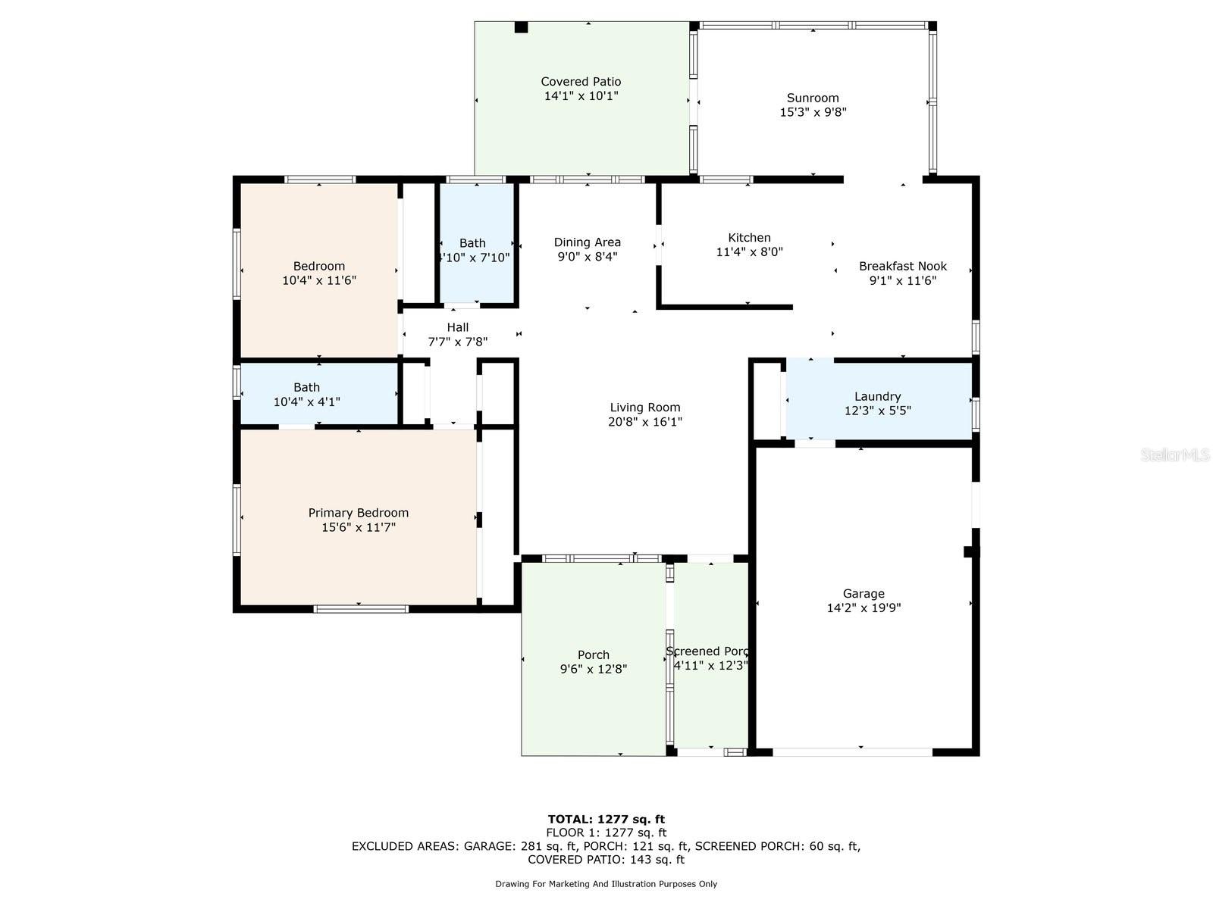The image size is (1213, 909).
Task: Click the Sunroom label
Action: (813, 98)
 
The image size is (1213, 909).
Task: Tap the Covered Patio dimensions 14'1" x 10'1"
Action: (581, 96)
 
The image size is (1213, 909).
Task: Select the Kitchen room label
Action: (749, 238)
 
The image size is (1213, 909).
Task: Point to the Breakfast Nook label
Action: (902, 266)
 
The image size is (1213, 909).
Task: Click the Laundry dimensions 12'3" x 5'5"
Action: (877, 411)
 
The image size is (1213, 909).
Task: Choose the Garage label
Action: (864, 594)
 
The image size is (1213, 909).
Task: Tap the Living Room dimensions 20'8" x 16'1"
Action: (645, 422)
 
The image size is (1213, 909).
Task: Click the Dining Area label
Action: (587, 242)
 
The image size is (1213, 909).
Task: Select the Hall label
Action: (457, 327)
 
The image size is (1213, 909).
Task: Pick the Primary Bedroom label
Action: (358, 513)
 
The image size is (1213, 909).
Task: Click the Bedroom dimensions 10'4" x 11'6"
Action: (318, 280)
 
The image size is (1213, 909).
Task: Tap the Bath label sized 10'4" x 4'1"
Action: (306, 387)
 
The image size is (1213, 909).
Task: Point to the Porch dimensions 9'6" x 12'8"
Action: (593, 669)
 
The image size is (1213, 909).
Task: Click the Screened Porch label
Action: (707, 651)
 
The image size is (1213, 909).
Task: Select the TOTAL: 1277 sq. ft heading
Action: (606, 819)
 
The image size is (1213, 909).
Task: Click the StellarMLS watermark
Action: (1174, 455)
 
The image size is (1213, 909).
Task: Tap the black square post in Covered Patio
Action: (521, 27)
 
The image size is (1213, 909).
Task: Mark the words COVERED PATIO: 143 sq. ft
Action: (606, 860)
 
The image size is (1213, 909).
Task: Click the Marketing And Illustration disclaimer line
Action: (606, 884)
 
